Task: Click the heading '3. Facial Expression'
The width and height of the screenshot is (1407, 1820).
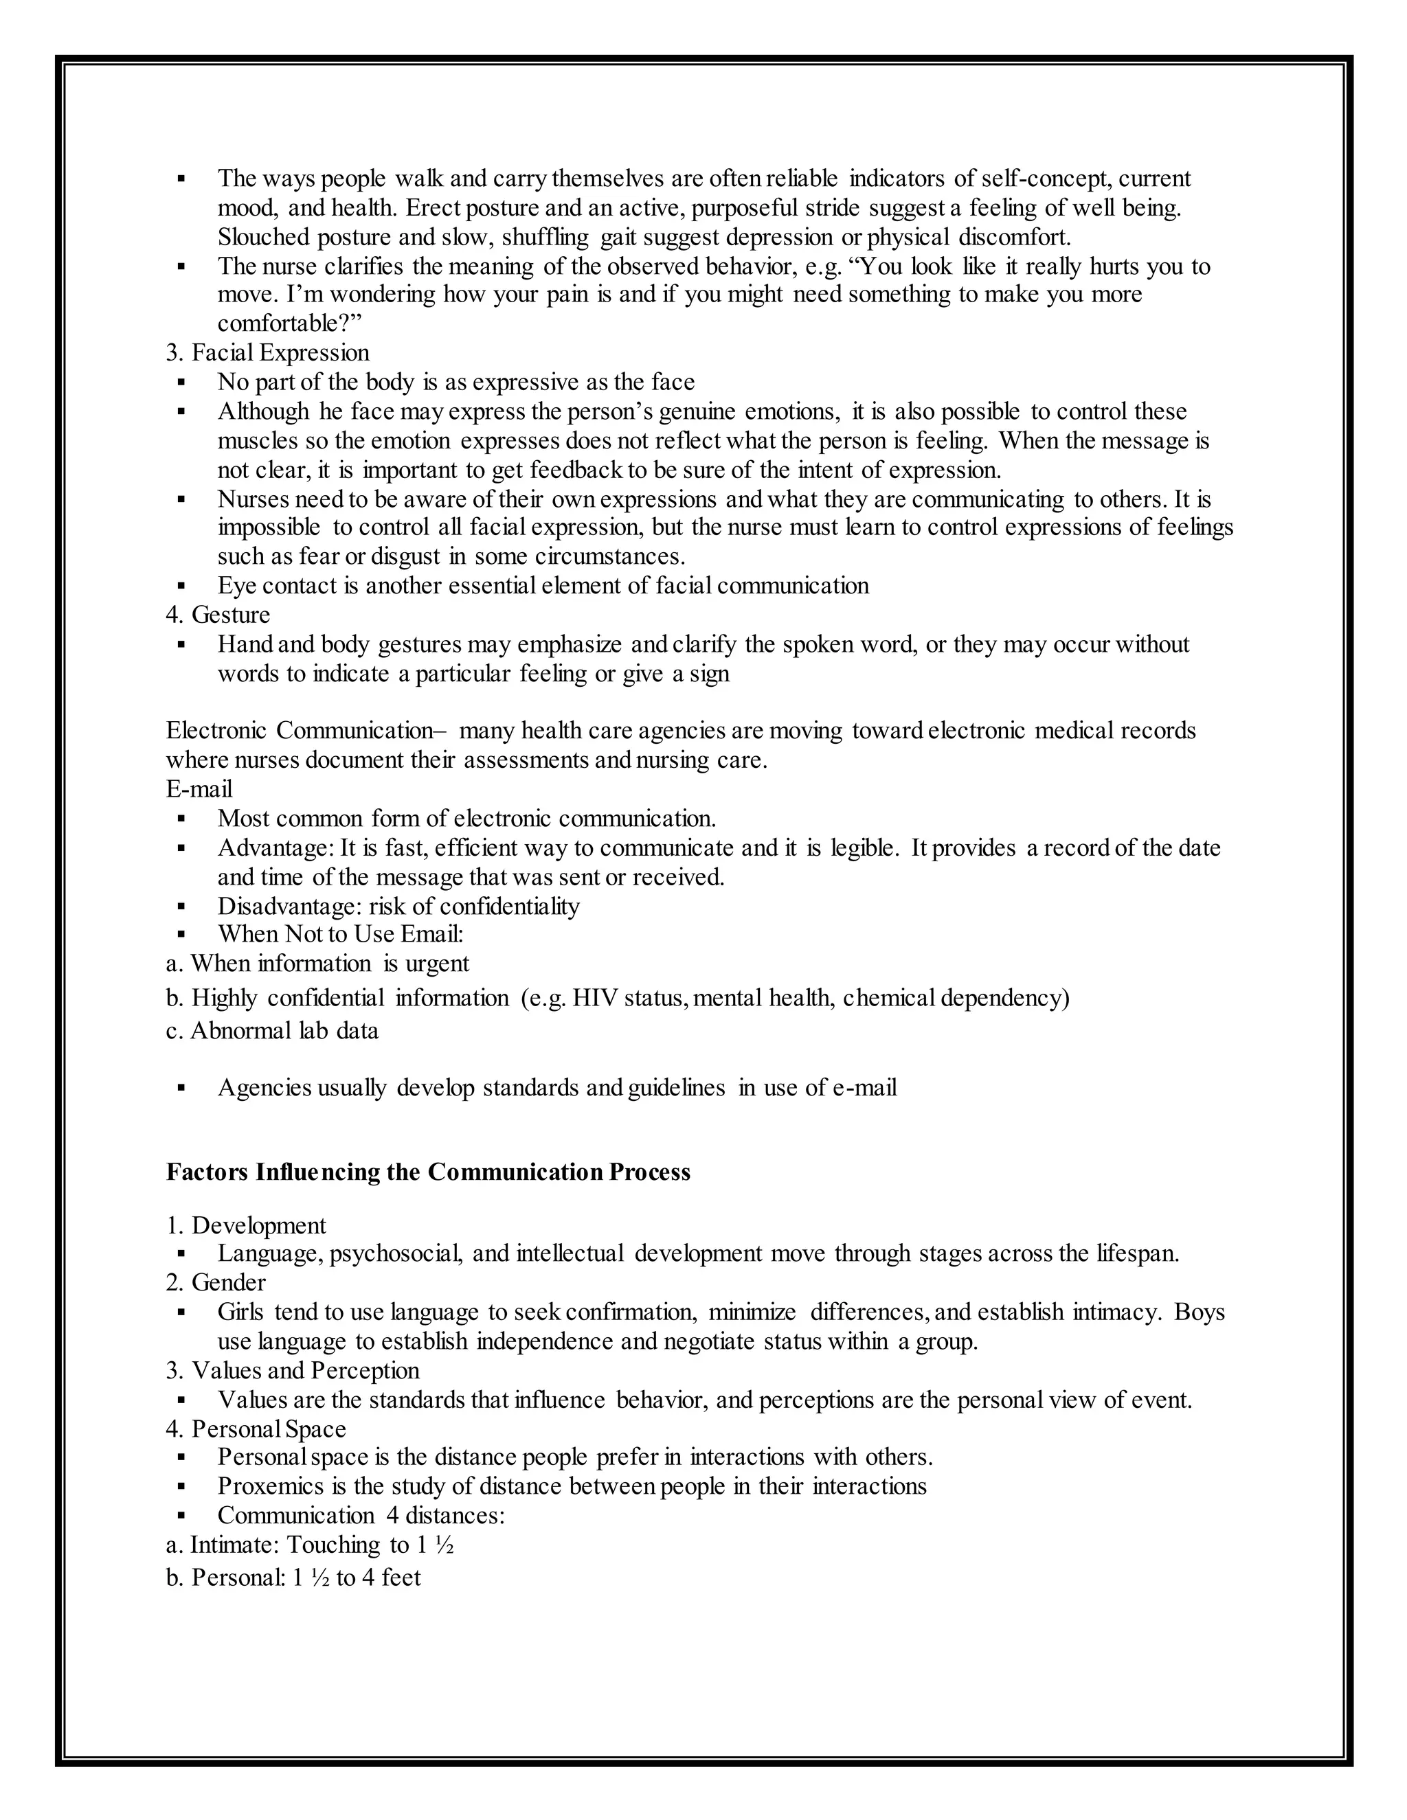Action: point(267,353)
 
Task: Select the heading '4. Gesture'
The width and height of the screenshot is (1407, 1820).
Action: point(218,615)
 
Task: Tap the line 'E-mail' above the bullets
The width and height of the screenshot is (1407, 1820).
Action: point(199,789)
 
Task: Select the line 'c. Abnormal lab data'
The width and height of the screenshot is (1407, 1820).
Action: point(272,1032)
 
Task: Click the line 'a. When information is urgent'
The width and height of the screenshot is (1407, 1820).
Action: point(317,964)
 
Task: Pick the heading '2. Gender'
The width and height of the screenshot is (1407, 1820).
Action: point(215,1282)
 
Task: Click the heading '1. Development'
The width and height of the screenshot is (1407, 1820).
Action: point(246,1226)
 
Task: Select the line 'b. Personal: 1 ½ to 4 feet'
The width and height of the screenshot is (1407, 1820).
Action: point(293,1578)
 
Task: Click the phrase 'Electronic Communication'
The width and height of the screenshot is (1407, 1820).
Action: point(297,731)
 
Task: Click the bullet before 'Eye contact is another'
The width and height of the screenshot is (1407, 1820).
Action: point(181,587)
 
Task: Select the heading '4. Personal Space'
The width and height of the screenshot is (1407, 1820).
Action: point(255,1429)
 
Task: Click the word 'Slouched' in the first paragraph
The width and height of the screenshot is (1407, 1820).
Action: point(263,238)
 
